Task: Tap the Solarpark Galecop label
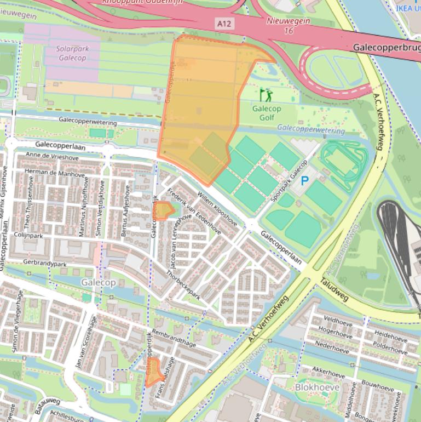(72, 53)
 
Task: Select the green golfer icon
(266, 95)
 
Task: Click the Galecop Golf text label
(267, 113)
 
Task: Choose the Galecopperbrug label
(387, 48)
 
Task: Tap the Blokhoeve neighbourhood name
(317, 387)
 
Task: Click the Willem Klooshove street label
(217, 208)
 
